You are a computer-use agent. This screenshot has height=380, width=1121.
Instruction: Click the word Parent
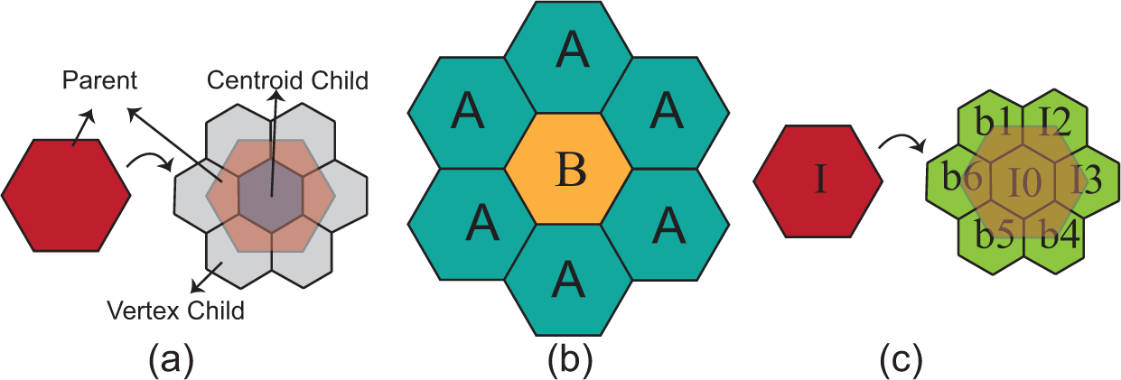click(x=99, y=81)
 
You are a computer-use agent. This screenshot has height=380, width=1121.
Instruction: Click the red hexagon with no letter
click(x=66, y=194)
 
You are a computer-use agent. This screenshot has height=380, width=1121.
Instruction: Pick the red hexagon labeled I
click(x=818, y=180)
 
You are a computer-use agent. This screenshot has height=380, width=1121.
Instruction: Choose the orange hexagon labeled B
click(x=568, y=169)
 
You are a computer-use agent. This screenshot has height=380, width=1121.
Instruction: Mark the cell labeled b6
click(x=961, y=179)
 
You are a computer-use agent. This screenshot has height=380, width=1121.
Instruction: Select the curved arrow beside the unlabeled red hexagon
click(x=150, y=162)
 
